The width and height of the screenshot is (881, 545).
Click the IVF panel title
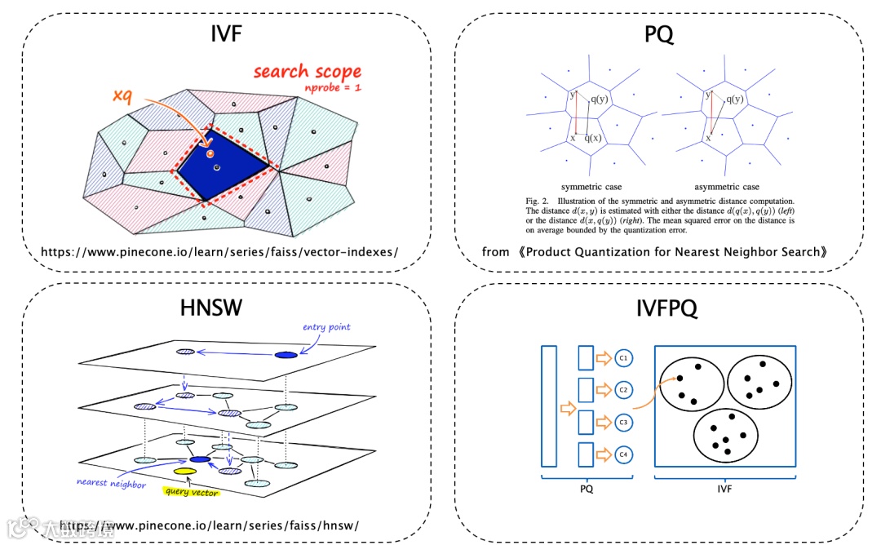(x=225, y=35)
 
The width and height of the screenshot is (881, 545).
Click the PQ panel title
(x=659, y=35)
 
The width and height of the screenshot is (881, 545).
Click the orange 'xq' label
(x=122, y=96)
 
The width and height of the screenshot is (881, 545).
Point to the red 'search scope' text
(x=307, y=71)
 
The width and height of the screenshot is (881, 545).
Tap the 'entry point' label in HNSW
(x=326, y=327)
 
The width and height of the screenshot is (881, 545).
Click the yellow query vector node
(x=184, y=472)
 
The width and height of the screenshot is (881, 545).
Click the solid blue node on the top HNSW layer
(x=286, y=354)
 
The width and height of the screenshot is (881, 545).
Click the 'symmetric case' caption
(x=591, y=187)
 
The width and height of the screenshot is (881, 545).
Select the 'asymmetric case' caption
(x=725, y=187)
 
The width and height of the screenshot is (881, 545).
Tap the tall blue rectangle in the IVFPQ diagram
(x=548, y=405)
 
